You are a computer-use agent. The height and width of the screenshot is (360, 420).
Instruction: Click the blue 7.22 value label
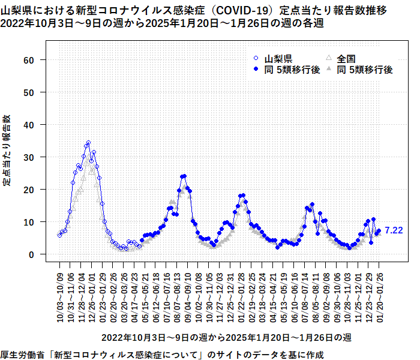pos(394,230)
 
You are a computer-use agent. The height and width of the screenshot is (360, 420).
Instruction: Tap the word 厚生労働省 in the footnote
pos(25,355)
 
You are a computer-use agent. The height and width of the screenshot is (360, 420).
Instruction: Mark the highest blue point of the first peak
pos(88,143)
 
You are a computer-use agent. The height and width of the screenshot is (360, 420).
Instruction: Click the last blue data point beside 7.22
pos(379,230)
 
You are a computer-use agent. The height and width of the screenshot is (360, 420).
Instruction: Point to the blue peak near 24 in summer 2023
pos(184,176)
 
